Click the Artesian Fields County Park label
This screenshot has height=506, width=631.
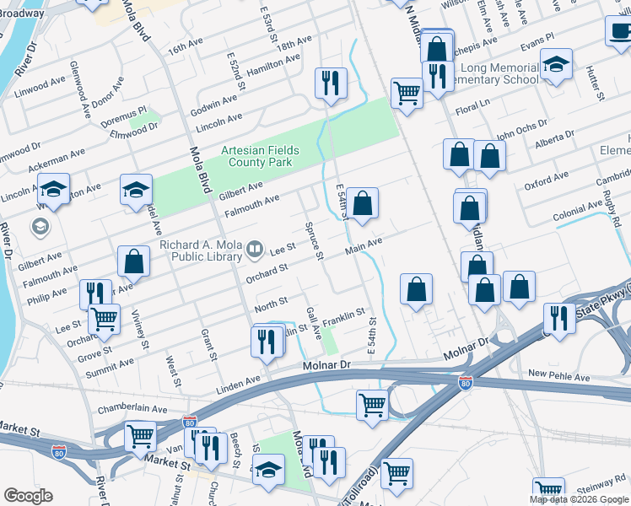pos(260,155)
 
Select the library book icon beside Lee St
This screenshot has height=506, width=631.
pos(254,250)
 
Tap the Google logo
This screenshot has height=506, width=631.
pos(27,496)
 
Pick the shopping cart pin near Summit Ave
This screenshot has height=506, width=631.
pos(104,319)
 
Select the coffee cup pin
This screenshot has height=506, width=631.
pos(620,31)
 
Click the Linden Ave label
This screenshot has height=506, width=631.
pos(239,383)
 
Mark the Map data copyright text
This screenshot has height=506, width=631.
pos(579,499)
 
